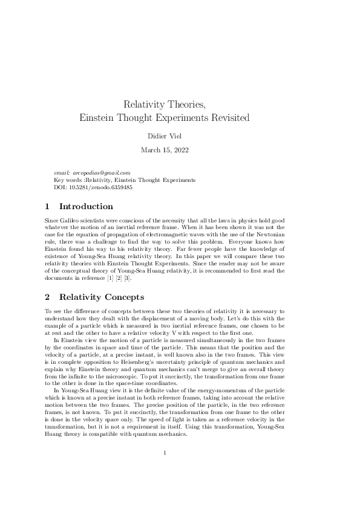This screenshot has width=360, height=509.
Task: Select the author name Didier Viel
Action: pyautogui.click(x=180, y=135)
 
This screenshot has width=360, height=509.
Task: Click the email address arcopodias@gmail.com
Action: pyautogui.click(x=101, y=173)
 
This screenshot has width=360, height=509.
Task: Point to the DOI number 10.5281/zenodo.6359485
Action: pyautogui.click(x=98, y=187)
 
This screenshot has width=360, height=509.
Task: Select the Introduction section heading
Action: pyautogui.click(x=86, y=207)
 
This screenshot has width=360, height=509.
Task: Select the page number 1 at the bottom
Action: pyautogui.click(x=165, y=469)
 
